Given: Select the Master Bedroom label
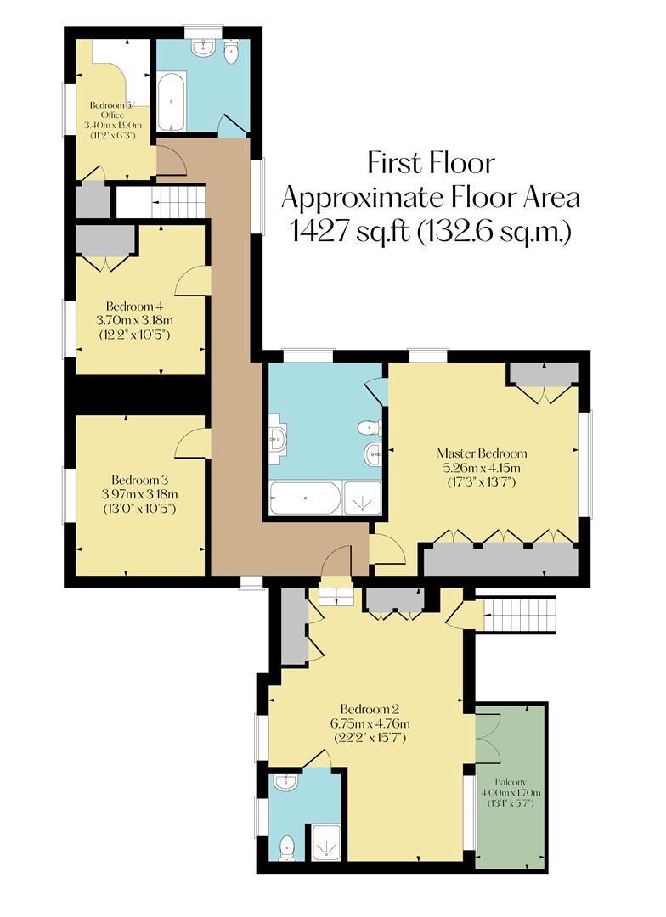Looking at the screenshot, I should (x=482, y=453).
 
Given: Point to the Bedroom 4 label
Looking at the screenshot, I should (x=134, y=306).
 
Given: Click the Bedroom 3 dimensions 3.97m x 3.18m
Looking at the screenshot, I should (x=139, y=494).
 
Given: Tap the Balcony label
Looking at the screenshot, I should (x=512, y=782).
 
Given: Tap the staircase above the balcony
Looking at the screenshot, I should (x=519, y=613).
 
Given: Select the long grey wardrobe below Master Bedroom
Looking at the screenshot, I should (x=500, y=560).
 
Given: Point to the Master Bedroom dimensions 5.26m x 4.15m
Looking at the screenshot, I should (x=482, y=468).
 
